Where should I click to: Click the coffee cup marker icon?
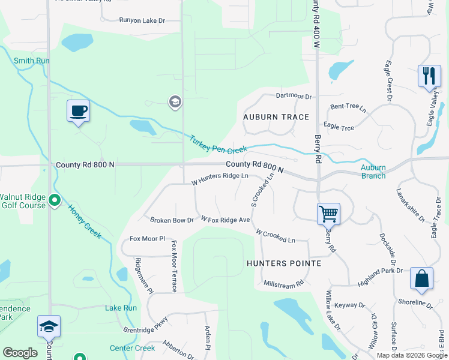pyautogui.click(x=78, y=111)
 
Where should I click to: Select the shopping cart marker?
pyautogui.click(x=328, y=213)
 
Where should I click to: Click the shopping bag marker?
pyautogui.click(x=421, y=278)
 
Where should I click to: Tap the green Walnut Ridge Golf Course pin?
pyautogui.click(x=55, y=200)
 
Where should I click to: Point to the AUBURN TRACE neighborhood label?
pyautogui.click(x=276, y=117)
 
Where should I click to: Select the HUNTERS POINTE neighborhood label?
pyautogui.click(x=284, y=263)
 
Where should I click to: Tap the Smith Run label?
pyautogui.click(x=31, y=61)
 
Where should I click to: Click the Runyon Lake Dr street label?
pyautogui.click(x=142, y=20)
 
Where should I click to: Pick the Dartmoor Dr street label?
pyautogui.click(x=294, y=96)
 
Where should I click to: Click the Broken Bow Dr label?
pyautogui.click(x=172, y=220)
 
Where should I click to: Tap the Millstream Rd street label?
pyautogui.click(x=283, y=283)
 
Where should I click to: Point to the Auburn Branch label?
pyautogui.click(x=373, y=172)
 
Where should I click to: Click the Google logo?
pyautogui.click(x=20, y=353)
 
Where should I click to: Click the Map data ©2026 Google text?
pyautogui.click(x=412, y=355)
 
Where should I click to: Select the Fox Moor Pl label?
pyautogui.click(x=147, y=239)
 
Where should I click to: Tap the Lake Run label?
pyautogui.click(x=121, y=308)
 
